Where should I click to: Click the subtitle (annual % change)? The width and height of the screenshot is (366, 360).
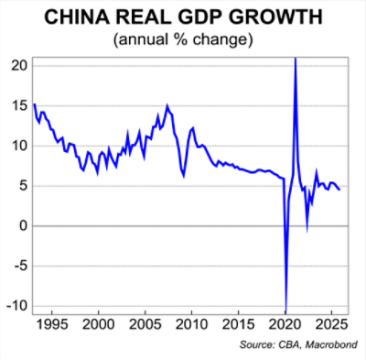point(182,40)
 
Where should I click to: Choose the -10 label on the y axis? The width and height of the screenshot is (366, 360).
point(16,306)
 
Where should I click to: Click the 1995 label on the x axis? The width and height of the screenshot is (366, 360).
point(51,324)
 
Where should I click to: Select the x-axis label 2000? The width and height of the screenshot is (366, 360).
point(98,324)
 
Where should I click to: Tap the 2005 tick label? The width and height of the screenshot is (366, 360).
point(145,324)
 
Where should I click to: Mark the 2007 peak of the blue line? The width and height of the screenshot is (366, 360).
point(167,105)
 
